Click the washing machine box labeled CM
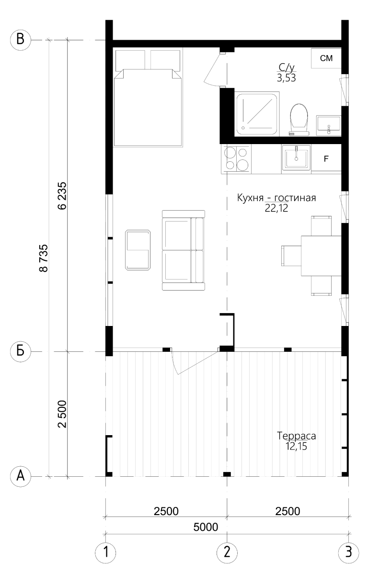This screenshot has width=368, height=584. click(326, 58)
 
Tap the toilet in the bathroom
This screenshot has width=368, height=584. click(299, 120)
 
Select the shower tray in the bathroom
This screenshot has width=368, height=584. click(257, 113)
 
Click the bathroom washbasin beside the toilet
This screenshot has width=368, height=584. click(329, 126)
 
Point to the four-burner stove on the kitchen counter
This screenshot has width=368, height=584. click(236, 159)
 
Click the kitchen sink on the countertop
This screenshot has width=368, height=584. click(296, 159)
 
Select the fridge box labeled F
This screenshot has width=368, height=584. click(326, 159)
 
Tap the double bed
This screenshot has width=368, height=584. click(148, 98)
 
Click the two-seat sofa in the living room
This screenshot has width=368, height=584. click(184, 250)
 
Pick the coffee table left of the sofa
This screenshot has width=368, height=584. click(138, 250)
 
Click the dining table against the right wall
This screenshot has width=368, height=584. click(322, 256)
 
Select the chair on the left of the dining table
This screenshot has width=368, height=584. click(291, 256)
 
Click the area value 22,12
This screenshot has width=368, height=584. click(276, 208)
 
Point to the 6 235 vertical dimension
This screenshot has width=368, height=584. click(63, 195)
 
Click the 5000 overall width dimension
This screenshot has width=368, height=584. click(206, 527)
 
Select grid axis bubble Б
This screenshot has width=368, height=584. click(21, 351)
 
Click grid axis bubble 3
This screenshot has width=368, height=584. click(348, 552)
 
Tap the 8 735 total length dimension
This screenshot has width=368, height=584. click(44, 258)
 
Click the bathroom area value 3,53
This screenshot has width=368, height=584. click(287, 78)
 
